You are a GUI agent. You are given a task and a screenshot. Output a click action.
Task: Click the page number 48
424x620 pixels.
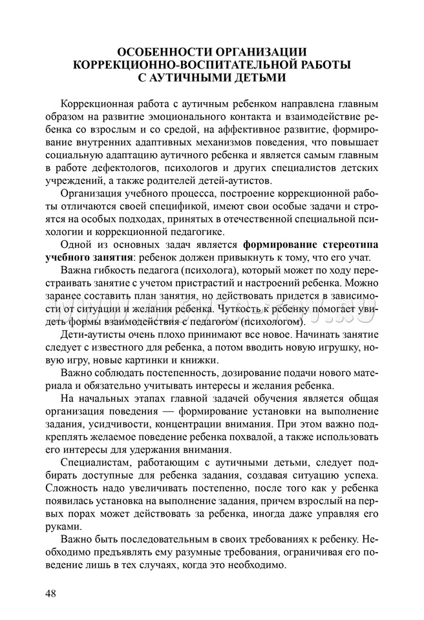52,592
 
